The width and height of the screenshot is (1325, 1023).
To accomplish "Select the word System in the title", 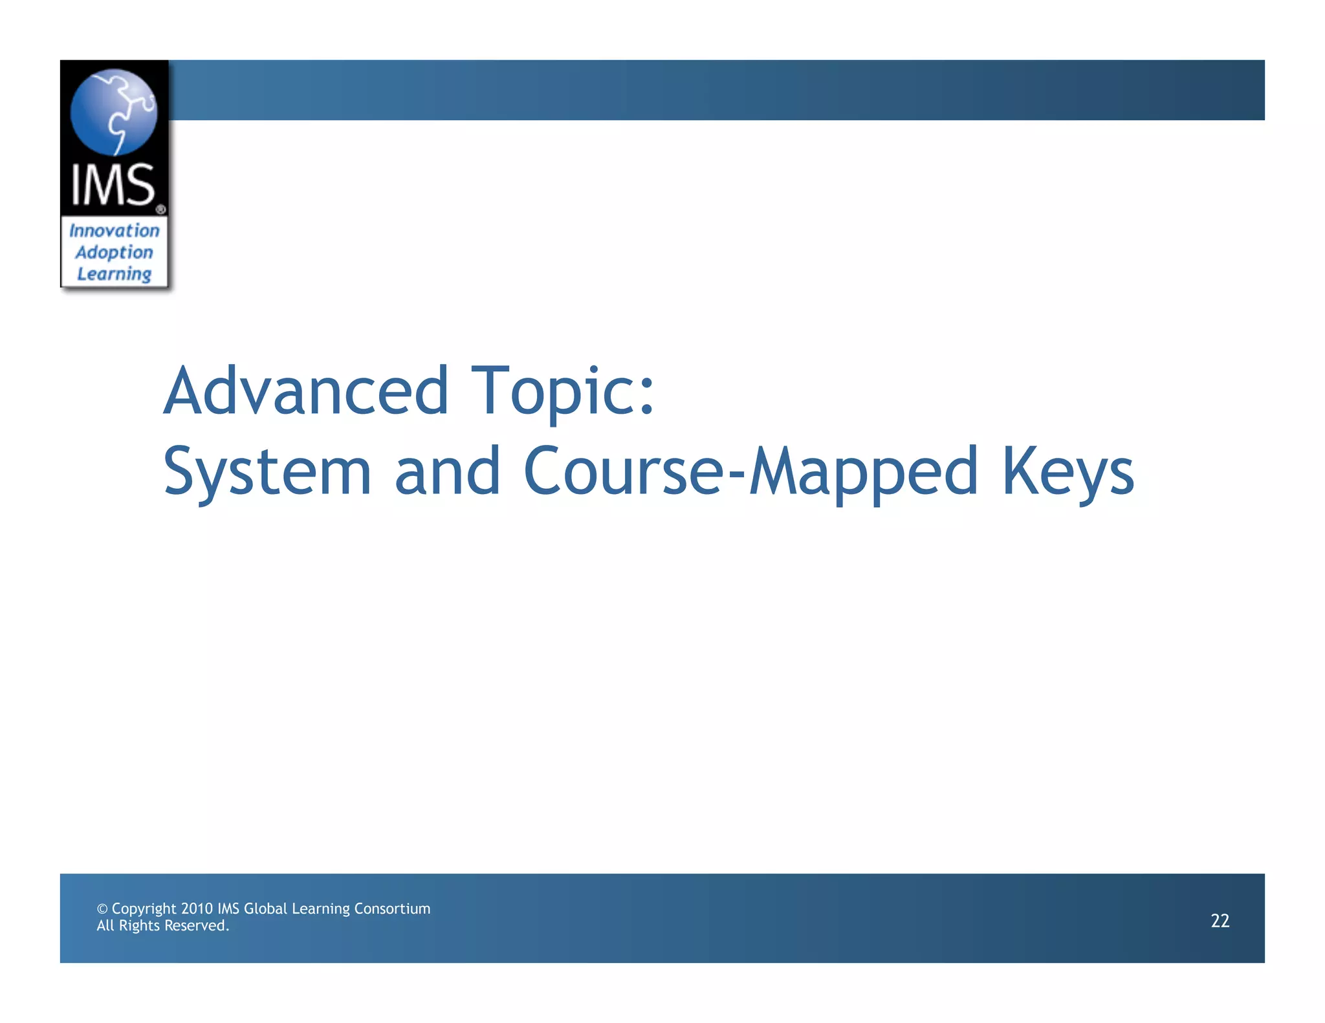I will click(267, 471).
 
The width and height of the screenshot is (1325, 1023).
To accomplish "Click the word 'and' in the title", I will click(447, 471).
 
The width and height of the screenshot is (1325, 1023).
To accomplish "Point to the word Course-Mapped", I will click(750, 471).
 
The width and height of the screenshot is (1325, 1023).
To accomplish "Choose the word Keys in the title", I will click(1068, 471).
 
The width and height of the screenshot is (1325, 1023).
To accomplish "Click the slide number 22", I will click(1220, 920).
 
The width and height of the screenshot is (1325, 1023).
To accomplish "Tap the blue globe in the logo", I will click(114, 112).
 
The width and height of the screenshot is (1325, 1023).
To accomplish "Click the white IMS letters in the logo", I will click(113, 185).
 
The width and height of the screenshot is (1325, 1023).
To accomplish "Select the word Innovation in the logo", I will click(114, 230).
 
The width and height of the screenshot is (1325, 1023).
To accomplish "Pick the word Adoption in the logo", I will click(114, 252).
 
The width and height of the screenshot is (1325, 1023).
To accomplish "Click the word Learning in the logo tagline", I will click(114, 274).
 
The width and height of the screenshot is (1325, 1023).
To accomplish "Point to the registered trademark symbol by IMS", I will click(160, 210).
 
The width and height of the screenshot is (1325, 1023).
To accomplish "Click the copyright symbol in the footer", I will click(102, 909).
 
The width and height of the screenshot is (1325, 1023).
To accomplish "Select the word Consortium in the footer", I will click(392, 909).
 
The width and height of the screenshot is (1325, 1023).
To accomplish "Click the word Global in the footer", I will click(265, 909).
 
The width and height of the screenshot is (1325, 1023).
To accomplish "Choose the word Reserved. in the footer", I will click(197, 925).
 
